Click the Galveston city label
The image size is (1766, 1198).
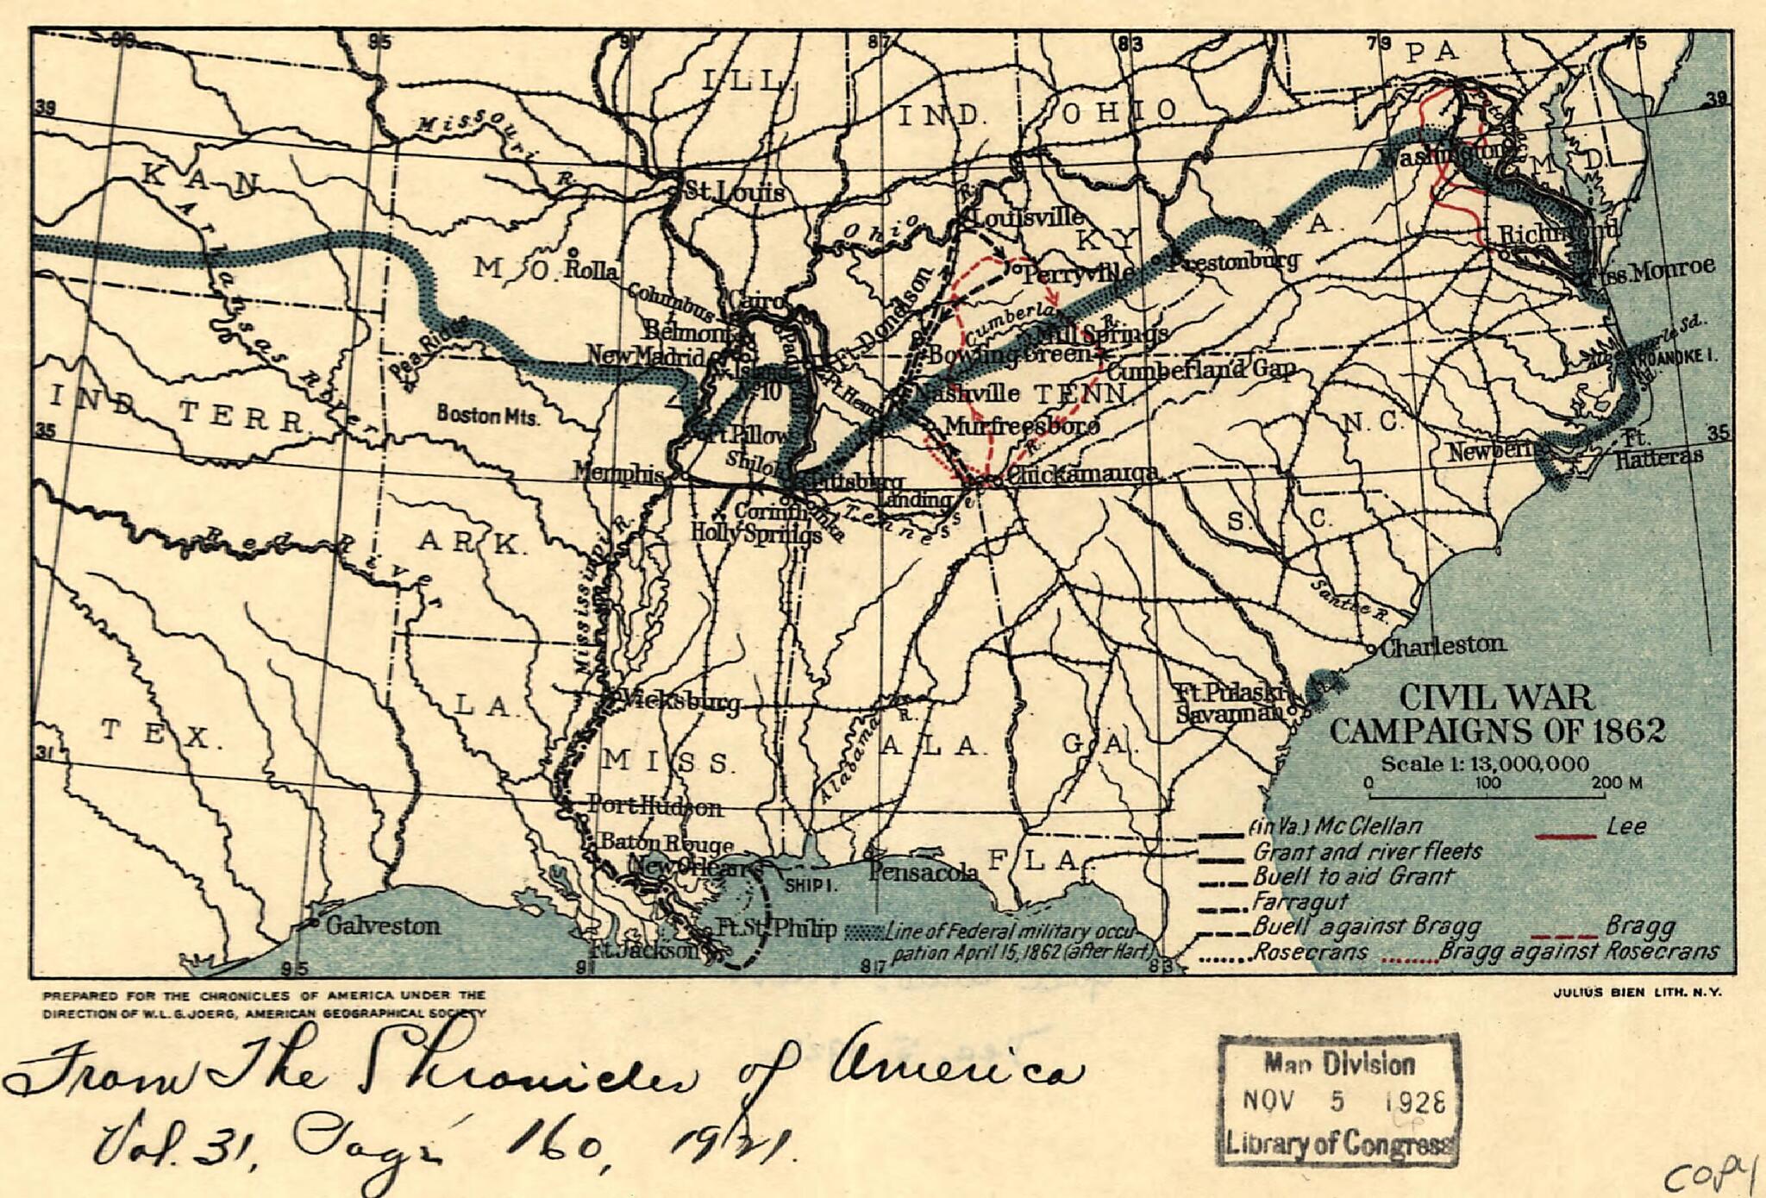tap(383, 926)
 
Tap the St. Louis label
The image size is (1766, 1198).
tap(734, 191)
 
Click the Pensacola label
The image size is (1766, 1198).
tap(924, 872)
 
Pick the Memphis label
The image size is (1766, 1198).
tap(618, 474)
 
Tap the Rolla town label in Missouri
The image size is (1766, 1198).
tap(592, 270)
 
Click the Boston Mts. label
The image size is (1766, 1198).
tap(488, 415)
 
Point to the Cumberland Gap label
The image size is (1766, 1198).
tap(1201, 371)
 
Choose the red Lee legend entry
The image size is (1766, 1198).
tap(1626, 826)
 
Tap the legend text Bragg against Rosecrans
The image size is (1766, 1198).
tap(1578, 952)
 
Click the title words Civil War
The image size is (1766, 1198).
tap(1495, 698)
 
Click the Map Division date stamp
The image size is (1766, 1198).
tap(1338, 1101)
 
